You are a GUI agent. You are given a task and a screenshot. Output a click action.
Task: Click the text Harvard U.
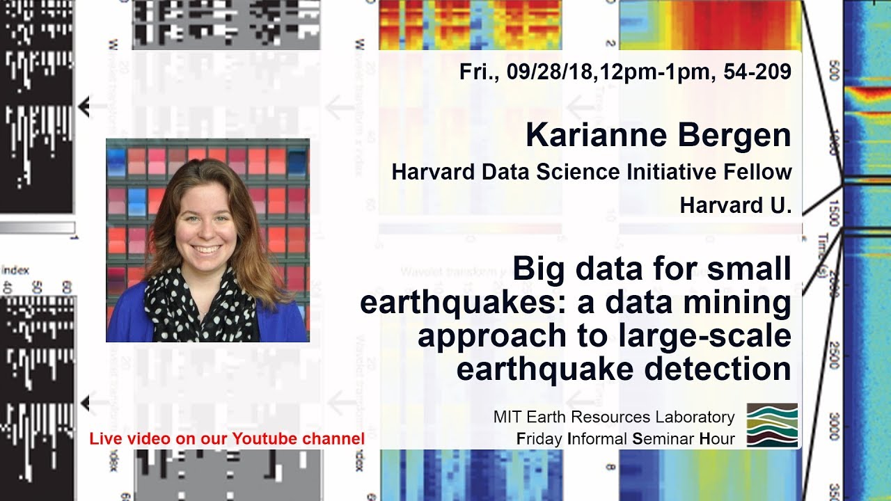736,205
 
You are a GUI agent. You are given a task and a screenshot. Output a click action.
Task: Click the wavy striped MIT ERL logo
772,424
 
